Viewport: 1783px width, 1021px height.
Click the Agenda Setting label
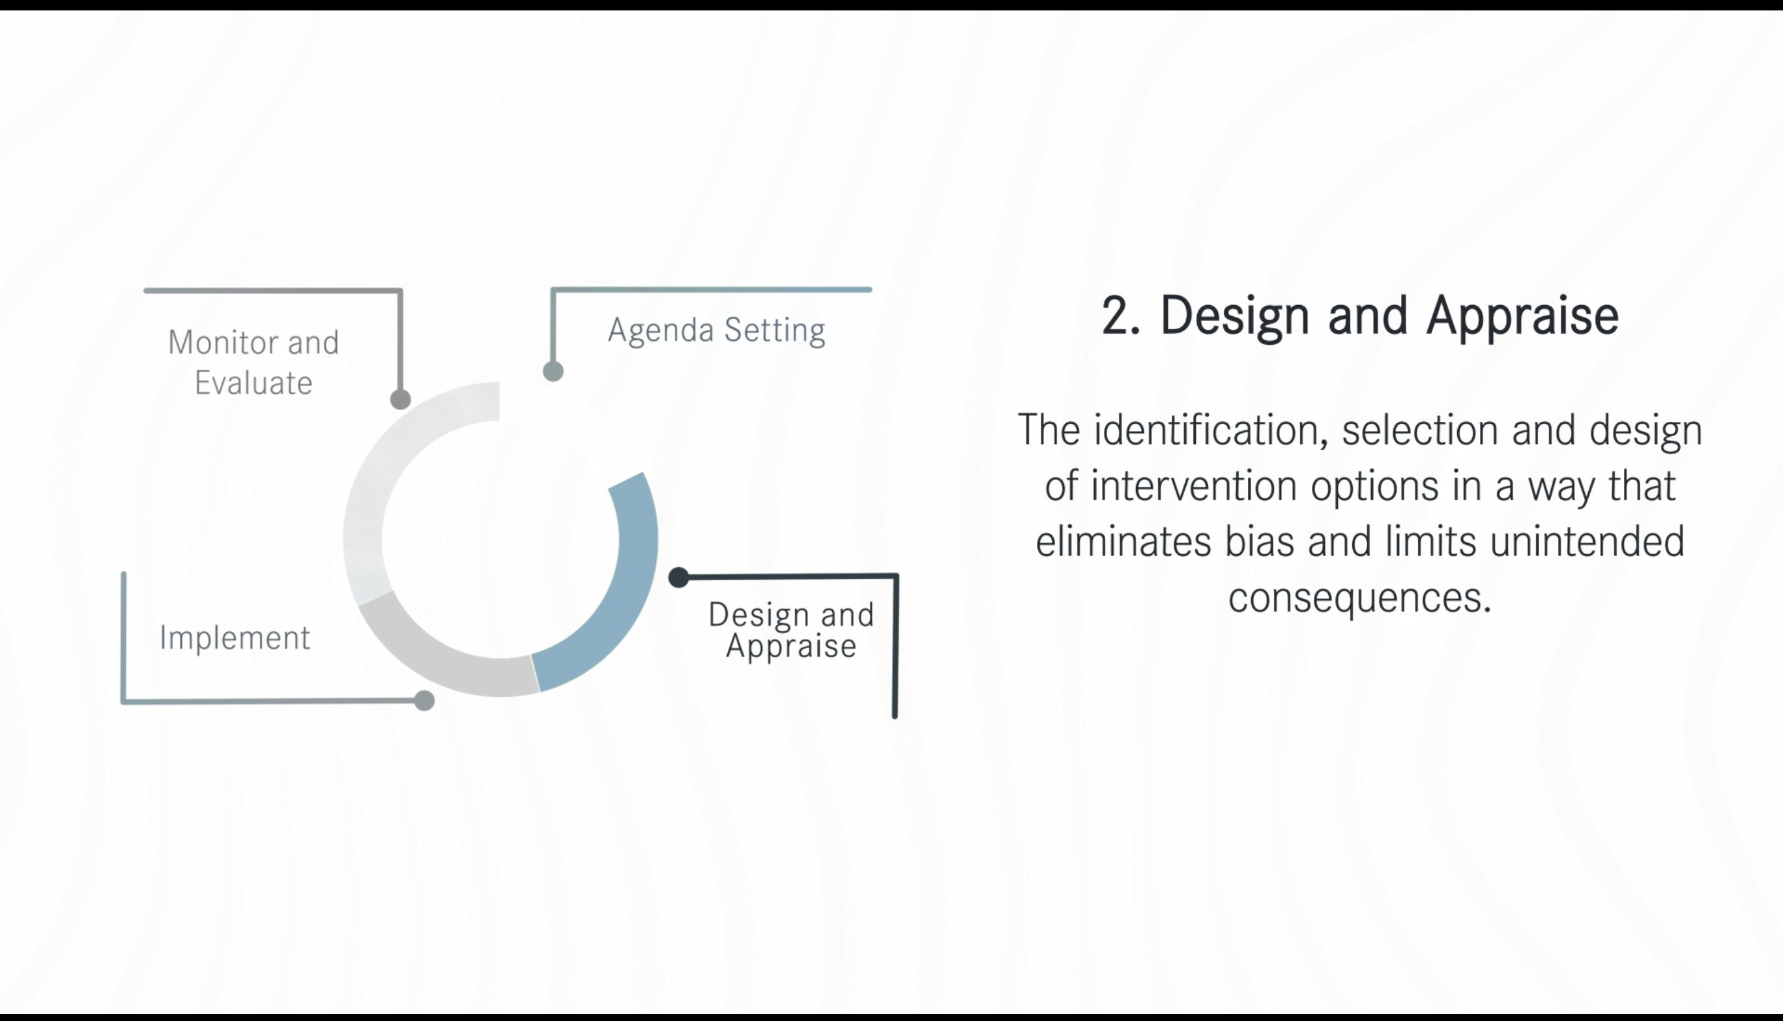[x=716, y=331]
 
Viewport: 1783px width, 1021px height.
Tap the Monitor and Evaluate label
[x=253, y=363]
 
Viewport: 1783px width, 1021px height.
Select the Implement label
[x=235, y=638]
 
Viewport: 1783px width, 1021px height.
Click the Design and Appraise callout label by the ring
[x=791, y=630]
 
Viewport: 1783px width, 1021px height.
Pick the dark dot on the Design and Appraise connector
[x=678, y=577]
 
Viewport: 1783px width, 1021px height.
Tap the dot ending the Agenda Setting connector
[x=553, y=371]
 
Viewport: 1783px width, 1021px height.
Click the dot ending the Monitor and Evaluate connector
[x=400, y=399]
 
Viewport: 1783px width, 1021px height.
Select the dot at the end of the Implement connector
[x=424, y=700]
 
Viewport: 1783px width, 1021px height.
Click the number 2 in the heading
[x=1114, y=316]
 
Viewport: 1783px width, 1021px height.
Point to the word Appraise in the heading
[x=1522, y=318]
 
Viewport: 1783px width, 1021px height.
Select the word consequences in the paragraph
[x=1359, y=598]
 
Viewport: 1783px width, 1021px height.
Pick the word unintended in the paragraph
[x=1587, y=541]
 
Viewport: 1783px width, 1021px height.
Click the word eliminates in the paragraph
[x=1123, y=541]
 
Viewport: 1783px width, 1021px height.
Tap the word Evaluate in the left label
[x=253, y=383]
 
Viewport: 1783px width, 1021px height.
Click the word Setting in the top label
[x=774, y=331]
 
